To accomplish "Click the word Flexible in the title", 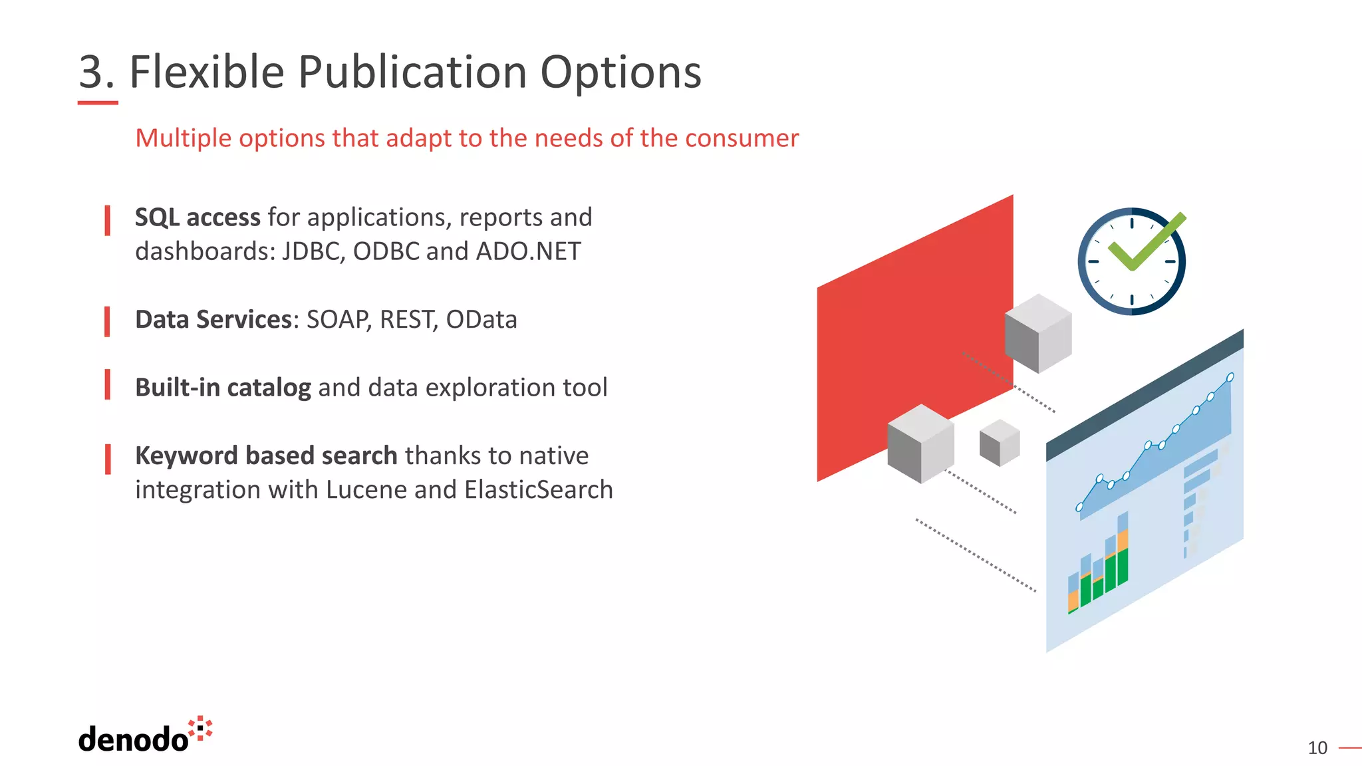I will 206,72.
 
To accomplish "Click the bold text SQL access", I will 198,217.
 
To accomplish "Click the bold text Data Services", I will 213,320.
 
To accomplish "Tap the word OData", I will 481,320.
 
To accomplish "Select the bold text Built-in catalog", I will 223,388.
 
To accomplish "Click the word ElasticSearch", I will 539,490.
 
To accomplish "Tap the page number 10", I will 1317,748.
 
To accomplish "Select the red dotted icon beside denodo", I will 201,728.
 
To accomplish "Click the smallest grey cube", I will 999,443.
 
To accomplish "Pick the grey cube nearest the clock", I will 1037,332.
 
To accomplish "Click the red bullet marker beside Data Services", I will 107,321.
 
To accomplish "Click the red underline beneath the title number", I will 98,102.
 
